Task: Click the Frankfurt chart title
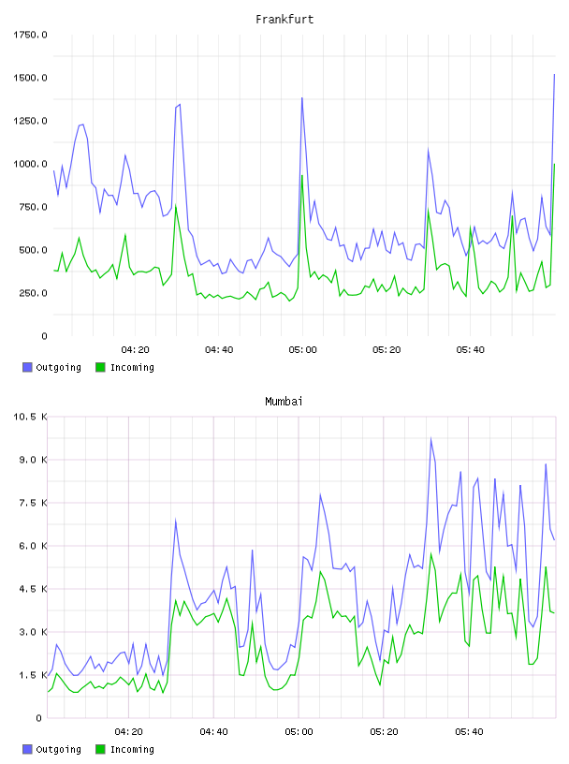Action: tap(284, 20)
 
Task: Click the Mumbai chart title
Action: tap(284, 402)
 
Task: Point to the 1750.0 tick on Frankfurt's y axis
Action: tap(30, 35)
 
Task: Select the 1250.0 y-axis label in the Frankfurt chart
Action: tap(30, 121)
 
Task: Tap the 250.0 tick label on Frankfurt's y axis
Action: tap(33, 293)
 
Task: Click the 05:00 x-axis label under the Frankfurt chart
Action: tap(302, 350)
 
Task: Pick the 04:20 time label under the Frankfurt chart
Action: tap(135, 350)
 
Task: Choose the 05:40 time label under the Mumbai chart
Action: tap(469, 732)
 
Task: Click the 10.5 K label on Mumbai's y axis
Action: tap(30, 417)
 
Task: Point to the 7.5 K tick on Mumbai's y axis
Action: tap(33, 503)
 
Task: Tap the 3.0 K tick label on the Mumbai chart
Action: tap(33, 632)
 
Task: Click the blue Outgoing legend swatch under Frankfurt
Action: tap(27, 367)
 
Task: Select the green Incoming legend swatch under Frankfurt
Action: tap(100, 367)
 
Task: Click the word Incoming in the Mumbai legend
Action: tap(132, 750)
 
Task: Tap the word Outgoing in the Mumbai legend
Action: tap(58, 750)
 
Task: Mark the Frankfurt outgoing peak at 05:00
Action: tap(302, 98)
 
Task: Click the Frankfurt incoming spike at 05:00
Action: tap(302, 175)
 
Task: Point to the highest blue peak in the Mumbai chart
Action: tap(430, 438)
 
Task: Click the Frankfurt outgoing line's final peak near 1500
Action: tap(554, 75)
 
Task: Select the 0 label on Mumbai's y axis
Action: tap(39, 718)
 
